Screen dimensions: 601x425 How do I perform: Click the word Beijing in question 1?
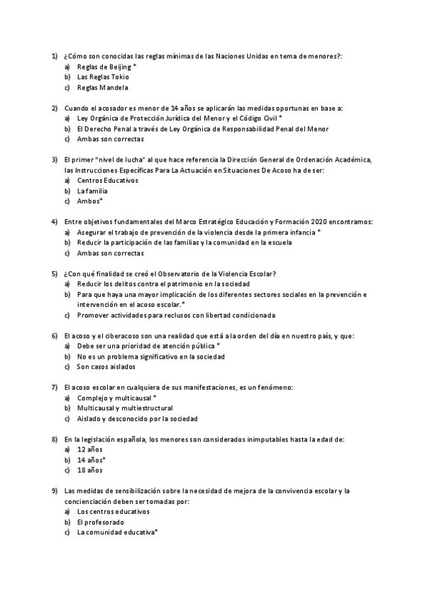(118, 66)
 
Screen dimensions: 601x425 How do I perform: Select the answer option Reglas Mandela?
(102, 88)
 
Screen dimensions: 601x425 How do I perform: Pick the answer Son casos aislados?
(106, 367)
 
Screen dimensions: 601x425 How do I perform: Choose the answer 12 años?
(89, 449)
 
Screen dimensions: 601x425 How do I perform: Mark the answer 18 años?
(89, 470)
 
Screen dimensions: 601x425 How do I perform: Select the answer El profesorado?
(100, 522)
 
